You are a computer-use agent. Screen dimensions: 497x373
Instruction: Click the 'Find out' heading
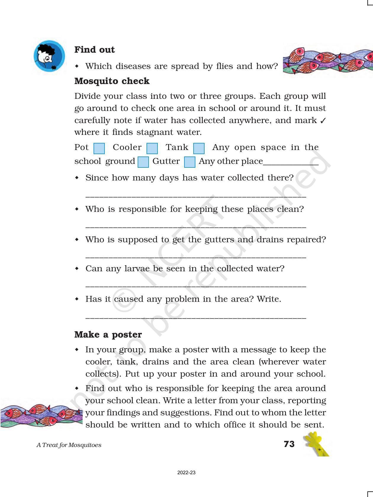[94, 50]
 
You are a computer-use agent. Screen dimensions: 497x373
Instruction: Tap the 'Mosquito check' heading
[112, 81]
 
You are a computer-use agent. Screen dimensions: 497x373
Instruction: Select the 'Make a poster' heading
[108, 335]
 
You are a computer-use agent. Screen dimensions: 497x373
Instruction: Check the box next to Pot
[99, 149]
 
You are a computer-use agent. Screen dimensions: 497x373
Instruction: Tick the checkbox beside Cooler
[152, 149]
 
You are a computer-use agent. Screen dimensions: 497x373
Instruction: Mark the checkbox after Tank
[199, 149]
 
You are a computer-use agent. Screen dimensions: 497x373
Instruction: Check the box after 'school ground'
[143, 162]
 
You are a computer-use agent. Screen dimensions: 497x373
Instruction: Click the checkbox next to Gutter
[190, 162]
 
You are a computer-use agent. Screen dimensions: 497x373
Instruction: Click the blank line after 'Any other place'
[291, 164]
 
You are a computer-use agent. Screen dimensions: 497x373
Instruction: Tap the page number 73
[289, 444]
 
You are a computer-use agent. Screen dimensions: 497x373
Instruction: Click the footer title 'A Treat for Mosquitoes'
[69, 445]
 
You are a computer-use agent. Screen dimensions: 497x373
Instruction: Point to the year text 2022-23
[186, 473]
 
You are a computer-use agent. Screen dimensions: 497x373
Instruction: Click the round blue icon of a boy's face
[49, 56]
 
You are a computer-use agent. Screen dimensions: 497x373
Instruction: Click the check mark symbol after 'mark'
[323, 121]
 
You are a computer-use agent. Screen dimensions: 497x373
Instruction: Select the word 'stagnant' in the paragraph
[154, 132]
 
